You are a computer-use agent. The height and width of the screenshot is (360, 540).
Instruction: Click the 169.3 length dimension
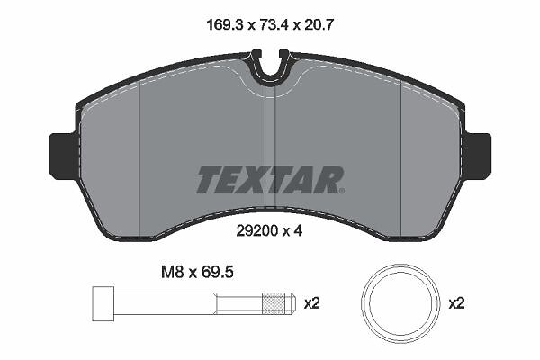coord(225,25)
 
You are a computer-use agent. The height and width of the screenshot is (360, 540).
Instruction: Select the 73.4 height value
coord(273,25)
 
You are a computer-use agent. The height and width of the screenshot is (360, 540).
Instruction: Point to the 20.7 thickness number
coord(319,25)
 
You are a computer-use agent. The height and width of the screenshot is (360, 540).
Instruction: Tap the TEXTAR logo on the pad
coord(270,179)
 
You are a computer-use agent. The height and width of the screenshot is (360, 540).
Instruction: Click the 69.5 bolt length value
coord(218,272)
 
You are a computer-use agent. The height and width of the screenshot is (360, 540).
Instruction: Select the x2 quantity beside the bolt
coord(312,303)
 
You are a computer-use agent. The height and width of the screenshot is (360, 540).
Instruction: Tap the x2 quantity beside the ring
coord(456,303)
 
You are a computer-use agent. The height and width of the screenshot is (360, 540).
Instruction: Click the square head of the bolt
coord(103,303)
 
